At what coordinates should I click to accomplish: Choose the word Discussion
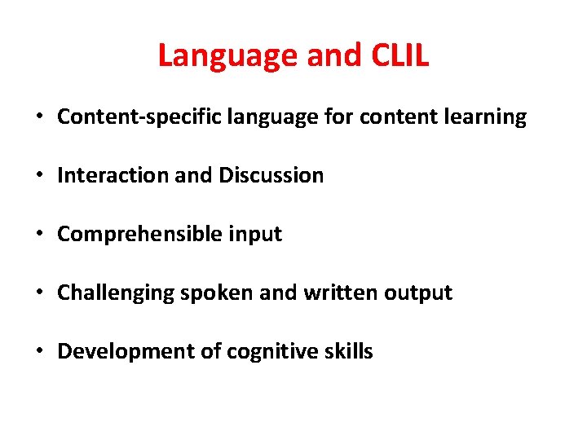click(271, 175)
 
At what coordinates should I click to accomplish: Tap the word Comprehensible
click(136, 234)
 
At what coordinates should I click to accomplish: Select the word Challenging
click(114, 293)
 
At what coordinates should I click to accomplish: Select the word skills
click(347, 351)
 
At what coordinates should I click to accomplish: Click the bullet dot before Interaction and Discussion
click(39, 176)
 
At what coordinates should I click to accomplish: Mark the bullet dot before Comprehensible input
click(39, 235)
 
